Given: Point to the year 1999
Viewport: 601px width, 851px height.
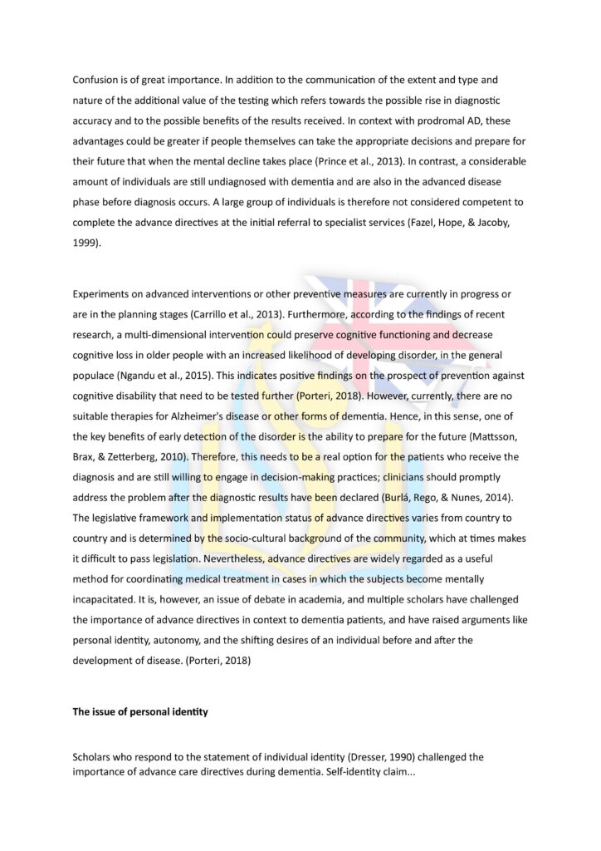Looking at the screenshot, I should coord(86,242).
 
